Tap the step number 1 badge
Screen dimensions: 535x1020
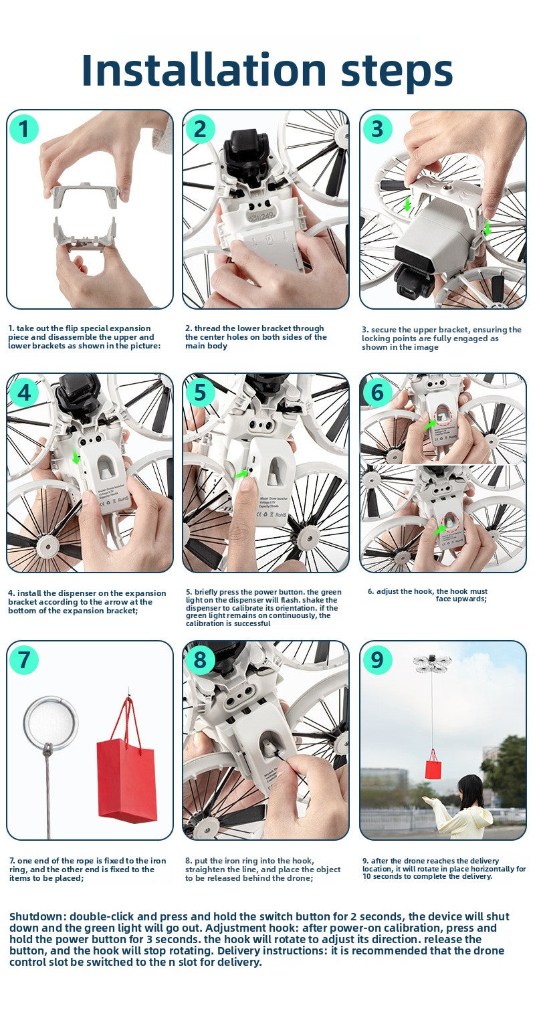click(23, 129)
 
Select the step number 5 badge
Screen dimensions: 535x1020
click(200, 393)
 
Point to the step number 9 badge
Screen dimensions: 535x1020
click(377, 659)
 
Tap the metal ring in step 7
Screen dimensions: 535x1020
click(51, 722)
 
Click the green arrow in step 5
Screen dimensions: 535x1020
click(242, 474)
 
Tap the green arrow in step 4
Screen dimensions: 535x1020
click(76, 457)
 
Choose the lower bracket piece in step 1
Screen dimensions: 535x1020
click(85, 233)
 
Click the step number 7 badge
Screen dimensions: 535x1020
click(23, 659)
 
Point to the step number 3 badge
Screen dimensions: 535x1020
click(377, 129)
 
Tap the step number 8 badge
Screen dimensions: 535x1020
click(200, 659)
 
